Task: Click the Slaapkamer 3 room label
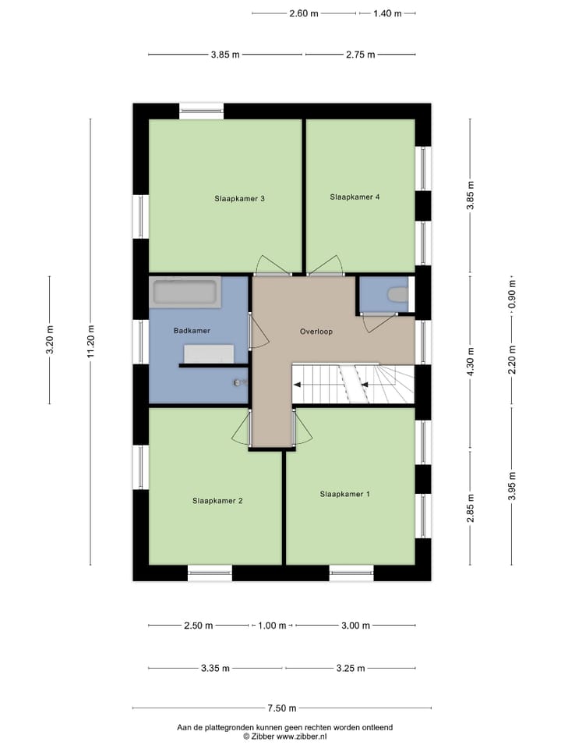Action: click(x=240, y=198)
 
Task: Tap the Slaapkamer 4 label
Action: click(x=355, y=197)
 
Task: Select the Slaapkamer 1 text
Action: click(x=344, y=494)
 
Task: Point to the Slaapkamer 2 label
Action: click(x=217, y=500)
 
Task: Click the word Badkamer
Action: click(x=192, y=331)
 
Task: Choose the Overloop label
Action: click(x=316, y=332)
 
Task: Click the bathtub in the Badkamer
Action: click(x=185, y=293)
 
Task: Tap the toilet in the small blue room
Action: click(x=397, y=295)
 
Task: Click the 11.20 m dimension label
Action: click(x=90, y=342)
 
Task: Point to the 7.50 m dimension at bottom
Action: click(x=282, y=708)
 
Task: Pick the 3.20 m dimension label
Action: click(x=50, y=340)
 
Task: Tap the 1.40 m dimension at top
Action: click(x=387, y=13)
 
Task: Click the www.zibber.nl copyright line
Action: click(x=284, y=736)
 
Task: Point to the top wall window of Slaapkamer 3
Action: click(x=202, y=109)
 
